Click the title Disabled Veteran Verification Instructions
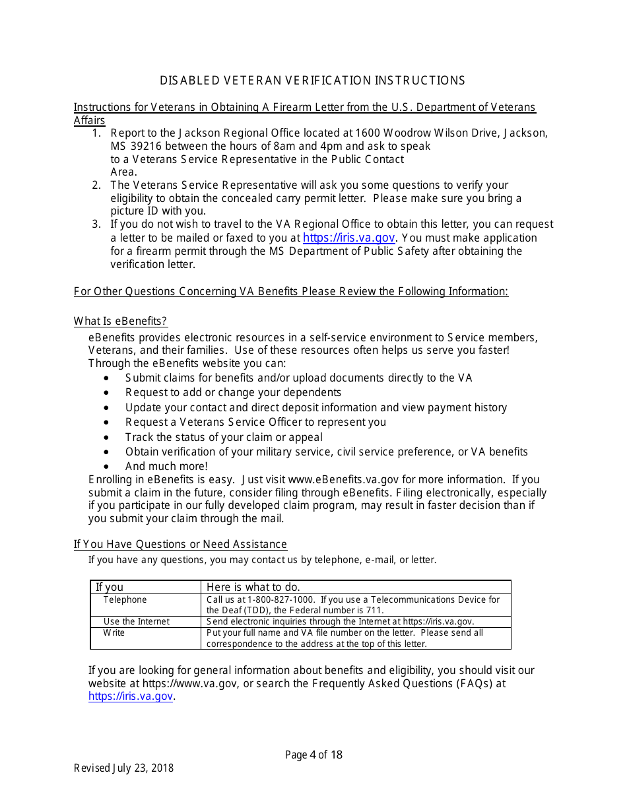click(312, 81)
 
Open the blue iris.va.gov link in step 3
click(348, 238)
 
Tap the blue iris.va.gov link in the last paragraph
click(131, 696)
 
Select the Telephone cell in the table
click(125, 599)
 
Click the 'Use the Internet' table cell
click(136, 621)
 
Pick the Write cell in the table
click(114, 632)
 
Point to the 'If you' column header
click(110, 587)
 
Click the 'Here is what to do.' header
click(253, 587)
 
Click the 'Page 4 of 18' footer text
click(313, 755)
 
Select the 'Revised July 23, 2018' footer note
click(123, 768)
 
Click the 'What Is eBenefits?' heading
click(120, 321)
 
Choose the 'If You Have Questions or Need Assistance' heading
click(180, 544)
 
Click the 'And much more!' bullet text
click(166, 466)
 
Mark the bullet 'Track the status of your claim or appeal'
click(224, 437)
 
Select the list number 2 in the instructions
click(96, 185)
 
